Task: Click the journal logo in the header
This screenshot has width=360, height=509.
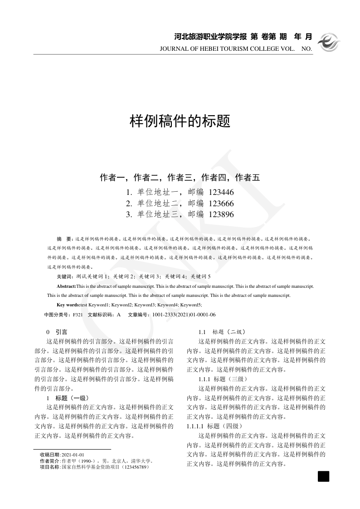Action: (x=328, y=42)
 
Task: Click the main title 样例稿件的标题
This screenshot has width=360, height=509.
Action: (x=180, y=121)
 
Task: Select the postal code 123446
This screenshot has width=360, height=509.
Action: (x=221, y=192)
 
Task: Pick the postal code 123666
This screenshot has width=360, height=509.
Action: (x=221, y=203)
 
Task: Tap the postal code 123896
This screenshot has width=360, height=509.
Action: (x=221, y=214)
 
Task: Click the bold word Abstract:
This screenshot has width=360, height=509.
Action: (x=66, y=286)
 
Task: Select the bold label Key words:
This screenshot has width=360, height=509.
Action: (x=68, y=305)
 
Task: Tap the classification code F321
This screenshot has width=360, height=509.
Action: (x=78, y=315)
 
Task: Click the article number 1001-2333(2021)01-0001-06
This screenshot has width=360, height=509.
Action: (x=184, y=315)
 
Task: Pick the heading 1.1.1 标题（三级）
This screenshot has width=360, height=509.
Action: (x=223, y=379)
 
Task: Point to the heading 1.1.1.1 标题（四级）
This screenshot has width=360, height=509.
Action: (x=215, y=426)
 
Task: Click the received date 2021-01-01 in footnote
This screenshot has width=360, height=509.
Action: (x=73, y=455)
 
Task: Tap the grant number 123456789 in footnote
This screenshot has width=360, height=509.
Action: (x=135, y=466)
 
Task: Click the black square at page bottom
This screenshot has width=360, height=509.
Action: (x=323, y=476)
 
